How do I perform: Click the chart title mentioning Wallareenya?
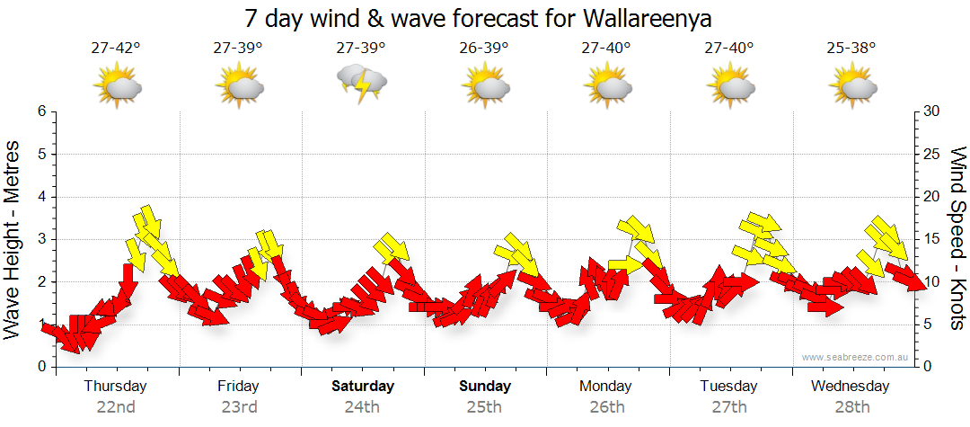coord(484,19)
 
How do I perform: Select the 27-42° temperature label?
coord(116,49)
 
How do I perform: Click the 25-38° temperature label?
coord(852,49)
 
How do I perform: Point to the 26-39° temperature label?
coord(484,49)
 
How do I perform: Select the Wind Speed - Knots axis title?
coord(957,238)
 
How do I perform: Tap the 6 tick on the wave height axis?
coord(40,111)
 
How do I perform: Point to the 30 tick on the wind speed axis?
coord(932,111)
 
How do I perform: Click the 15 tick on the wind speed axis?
coord(932,239)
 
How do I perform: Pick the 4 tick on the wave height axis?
coord(40,197)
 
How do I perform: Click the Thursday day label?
coord(115,387)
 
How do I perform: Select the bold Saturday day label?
coord(363,387)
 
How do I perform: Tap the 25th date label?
coord(484,407)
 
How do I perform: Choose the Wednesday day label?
coord(850,387)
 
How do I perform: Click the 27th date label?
coord(729,407)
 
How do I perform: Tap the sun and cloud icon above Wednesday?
coord(852,86)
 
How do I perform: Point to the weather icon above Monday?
coord(607,86)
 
